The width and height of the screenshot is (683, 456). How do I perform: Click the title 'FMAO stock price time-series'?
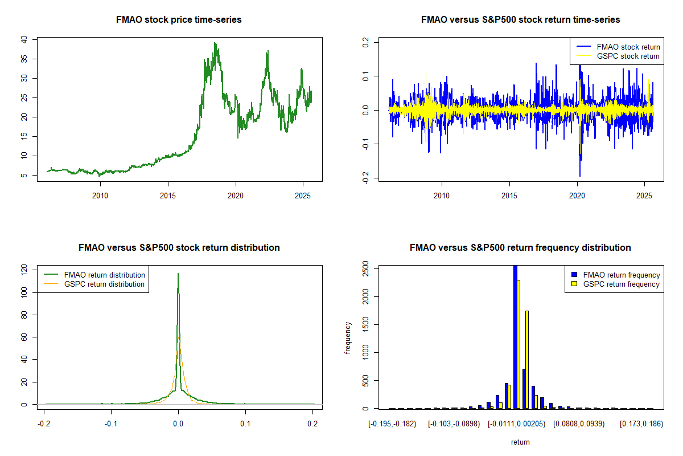[x=179, y=20]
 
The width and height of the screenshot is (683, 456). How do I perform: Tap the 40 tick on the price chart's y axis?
[x=24, y=39]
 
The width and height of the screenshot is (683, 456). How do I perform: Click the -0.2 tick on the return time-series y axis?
[x=365, y=178]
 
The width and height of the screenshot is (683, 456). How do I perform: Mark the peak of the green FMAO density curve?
[x=178, y=274]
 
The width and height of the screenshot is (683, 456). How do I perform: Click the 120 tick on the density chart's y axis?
[x=24, y=270]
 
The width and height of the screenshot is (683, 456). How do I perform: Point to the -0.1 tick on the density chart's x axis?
[x=112, y=425]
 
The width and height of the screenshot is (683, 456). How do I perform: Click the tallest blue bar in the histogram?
[x=515, y=336]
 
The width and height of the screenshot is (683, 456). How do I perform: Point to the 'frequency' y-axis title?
[x=348, y=337]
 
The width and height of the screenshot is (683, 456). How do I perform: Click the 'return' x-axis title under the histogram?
[x=520, y=442]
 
